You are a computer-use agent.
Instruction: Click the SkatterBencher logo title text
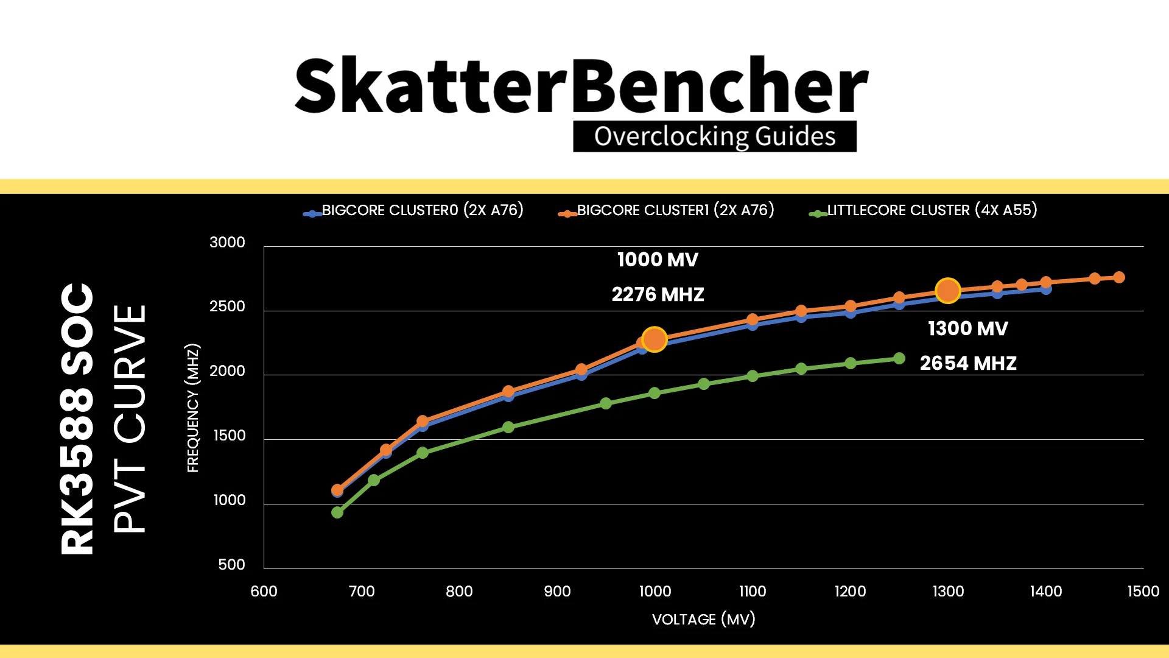(x=581, y=86)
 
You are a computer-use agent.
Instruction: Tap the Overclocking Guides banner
(x=714, y=136)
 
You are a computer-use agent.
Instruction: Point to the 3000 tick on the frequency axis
(x=227, y=242)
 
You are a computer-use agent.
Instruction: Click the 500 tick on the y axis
(x=231, y=565)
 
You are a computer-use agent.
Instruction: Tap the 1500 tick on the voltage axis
(x=1143, y=591)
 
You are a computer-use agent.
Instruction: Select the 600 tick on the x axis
(x=264, y=591)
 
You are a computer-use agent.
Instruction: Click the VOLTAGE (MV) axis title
(x=703, y=620)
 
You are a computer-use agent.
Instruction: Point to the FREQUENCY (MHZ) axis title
(x=193, y=408)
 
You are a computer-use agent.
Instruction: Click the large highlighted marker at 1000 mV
(x=655, y=339)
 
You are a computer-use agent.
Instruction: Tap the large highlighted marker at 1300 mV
(x=947, y=291)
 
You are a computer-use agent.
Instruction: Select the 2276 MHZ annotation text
(x=658, y=295)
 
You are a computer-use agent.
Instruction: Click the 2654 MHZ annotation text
(x=968, y=363)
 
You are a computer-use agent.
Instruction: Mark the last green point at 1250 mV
(x=899, y=358)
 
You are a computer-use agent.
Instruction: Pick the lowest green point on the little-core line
(x=337, y=512)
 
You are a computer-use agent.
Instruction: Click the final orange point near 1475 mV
(x=1119, y=277)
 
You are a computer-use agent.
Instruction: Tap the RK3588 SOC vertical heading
(x=78, y=419)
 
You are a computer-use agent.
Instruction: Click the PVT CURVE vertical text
(x=130, y=419)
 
